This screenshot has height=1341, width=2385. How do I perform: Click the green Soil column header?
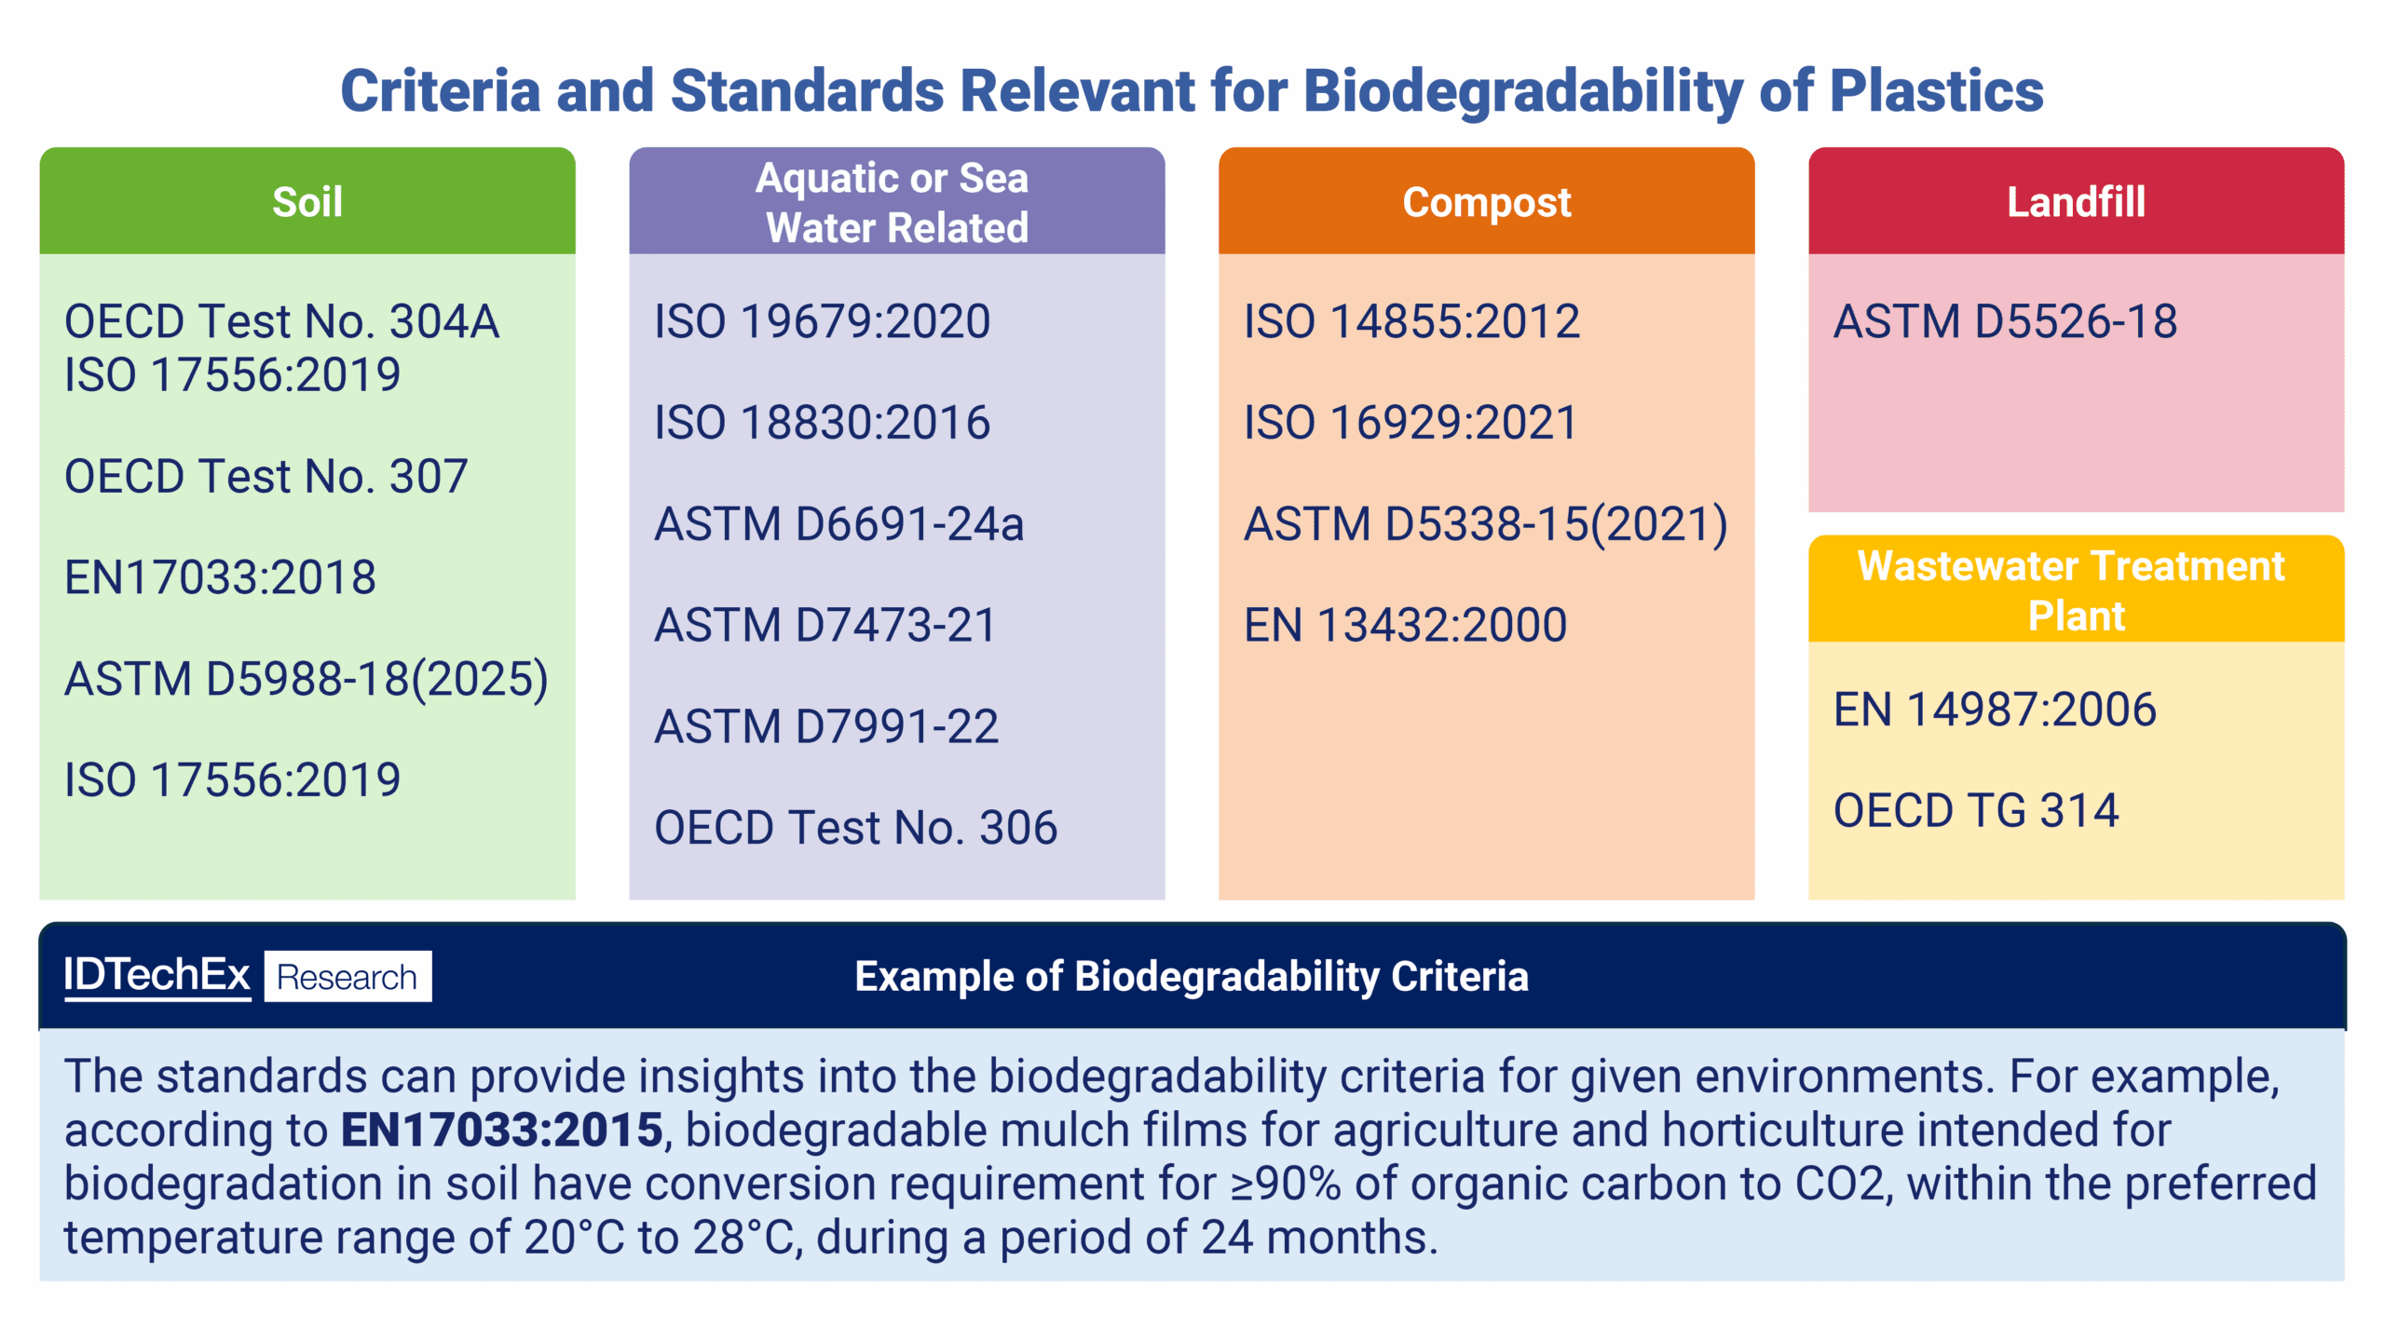coord(307,201)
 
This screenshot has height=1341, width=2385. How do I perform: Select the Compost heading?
coord(1486,201)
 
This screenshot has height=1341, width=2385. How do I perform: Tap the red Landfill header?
coord(2075,201)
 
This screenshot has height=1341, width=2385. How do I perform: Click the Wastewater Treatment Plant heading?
coord(2075,590)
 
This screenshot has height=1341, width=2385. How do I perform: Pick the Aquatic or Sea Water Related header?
coord(895,202)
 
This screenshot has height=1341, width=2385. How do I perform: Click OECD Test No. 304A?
coord(281,322)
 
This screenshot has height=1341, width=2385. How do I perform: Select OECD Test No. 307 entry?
coord(266,477)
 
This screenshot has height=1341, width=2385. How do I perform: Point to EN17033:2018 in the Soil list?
coord(220,577)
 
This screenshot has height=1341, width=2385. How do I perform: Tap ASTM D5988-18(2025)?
coord(306,679)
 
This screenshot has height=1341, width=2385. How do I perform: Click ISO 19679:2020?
coord(822,322)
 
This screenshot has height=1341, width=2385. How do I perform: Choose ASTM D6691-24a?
coord(838,524)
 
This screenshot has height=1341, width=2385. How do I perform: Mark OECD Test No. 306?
coord(855,828)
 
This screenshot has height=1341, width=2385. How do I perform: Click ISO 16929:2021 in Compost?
coord(1411,423)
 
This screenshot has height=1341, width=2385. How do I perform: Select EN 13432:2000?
coord(1405,625)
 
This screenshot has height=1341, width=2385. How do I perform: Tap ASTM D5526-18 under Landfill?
coord(2005,322)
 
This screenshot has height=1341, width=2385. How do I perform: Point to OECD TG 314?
coord(1975,810)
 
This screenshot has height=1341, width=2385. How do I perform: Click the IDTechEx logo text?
coord(157,975)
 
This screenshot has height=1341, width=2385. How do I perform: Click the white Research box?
coord(348,977)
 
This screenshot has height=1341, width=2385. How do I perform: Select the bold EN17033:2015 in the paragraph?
coord(501,1130)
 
